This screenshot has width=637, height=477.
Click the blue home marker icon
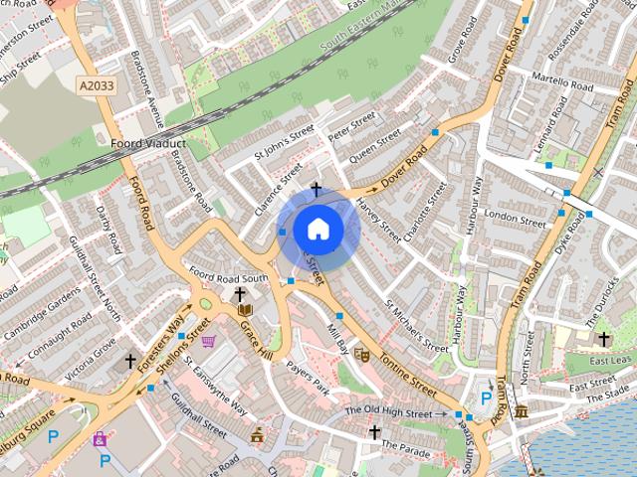point(318,231)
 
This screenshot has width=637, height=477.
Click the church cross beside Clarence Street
point(317,189)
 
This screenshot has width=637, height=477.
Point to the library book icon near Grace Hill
point(246,312)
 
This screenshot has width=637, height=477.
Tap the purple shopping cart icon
point(208,342)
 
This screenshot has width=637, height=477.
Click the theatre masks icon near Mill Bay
point(361,353)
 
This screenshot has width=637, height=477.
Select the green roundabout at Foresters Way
point(205,305)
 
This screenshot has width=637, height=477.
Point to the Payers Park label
point(307,379)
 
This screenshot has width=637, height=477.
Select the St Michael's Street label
point(417,327)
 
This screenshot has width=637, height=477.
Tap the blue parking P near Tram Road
point(486,399)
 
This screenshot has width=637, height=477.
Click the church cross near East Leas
point(604,339)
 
